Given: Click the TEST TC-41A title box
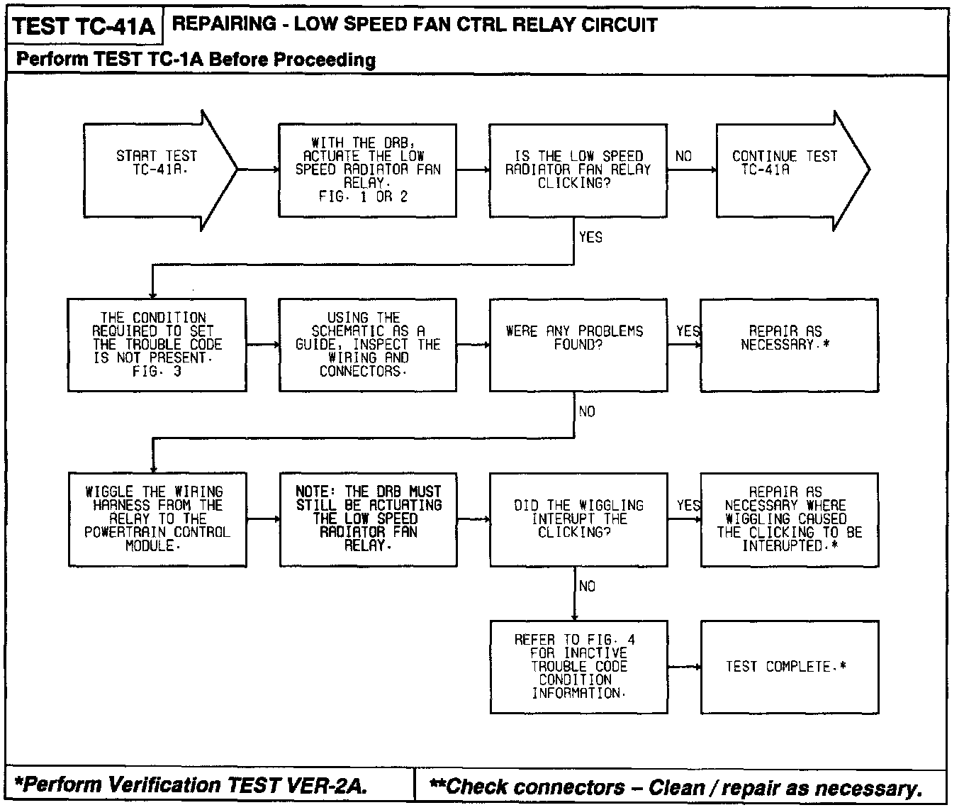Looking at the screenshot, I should (x=84, y=26).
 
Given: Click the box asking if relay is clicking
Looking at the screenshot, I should (x=578, y=170).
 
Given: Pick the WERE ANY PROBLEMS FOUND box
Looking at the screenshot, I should (x=578, y=345).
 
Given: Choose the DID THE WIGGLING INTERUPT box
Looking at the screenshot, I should (x=578, y=519).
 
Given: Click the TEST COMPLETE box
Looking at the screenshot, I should (x=789, y=667).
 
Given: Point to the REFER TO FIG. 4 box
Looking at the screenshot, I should (x=578, y=667).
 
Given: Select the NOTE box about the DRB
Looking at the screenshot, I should (x=368, y=519).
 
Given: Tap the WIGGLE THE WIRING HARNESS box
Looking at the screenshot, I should (x=157, y=519).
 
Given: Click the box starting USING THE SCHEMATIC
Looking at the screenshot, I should (x=368, y=345).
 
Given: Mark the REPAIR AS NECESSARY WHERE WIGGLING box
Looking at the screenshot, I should (x=789, y=519).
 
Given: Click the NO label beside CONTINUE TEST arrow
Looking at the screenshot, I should (x=683, y=156).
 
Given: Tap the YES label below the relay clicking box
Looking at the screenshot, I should (x=590, y=237).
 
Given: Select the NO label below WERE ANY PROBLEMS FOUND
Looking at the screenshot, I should (x=587, y=411).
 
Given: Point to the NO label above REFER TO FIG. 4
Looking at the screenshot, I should (x=587, y=586).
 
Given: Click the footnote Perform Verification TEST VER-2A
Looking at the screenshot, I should (x=191, y=785).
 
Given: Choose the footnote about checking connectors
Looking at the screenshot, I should (x=677, y=787).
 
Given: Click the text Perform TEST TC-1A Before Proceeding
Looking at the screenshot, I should (x=196, y=60).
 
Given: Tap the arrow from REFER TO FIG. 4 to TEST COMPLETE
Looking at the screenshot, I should (x=684, y=667).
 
